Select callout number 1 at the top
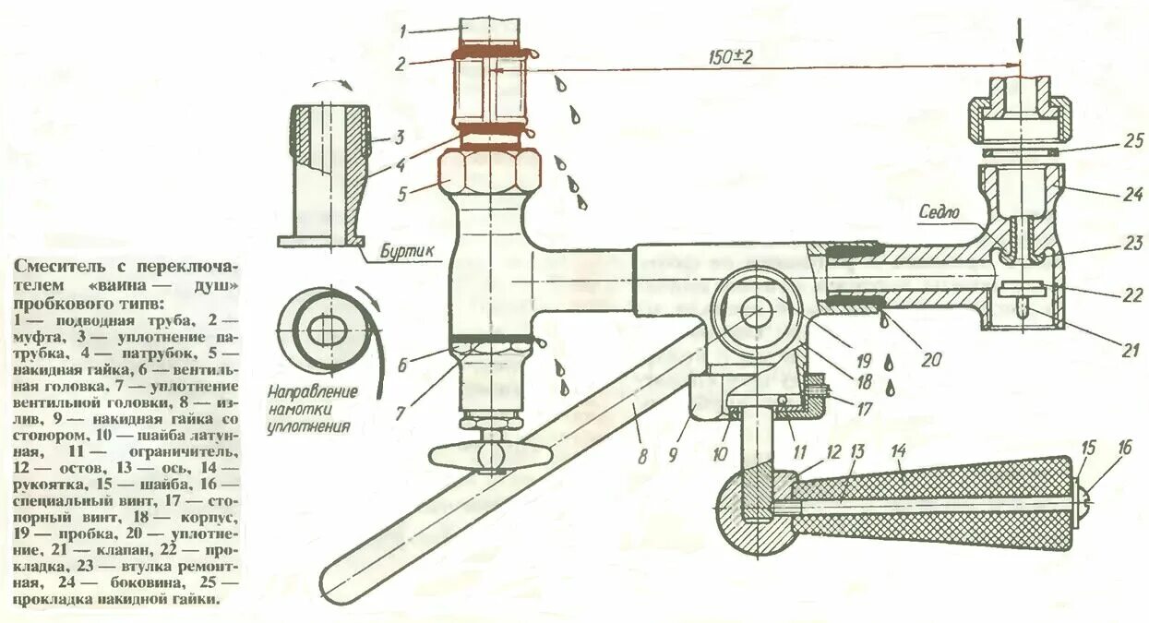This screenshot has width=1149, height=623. click(402, 31)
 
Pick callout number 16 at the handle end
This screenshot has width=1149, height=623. click(1123, 449)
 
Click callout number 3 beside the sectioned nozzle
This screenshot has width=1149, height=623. click(399, 138)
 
